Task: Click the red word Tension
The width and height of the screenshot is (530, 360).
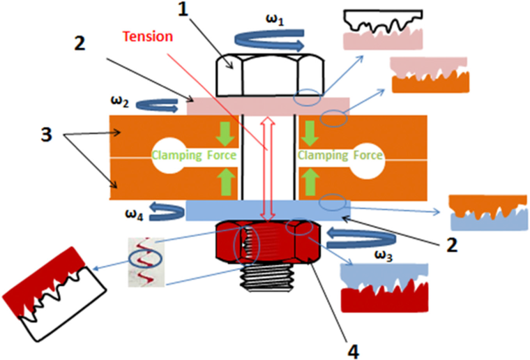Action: pos(146,36)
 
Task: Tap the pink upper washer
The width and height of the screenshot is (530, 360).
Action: pos(268,107)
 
